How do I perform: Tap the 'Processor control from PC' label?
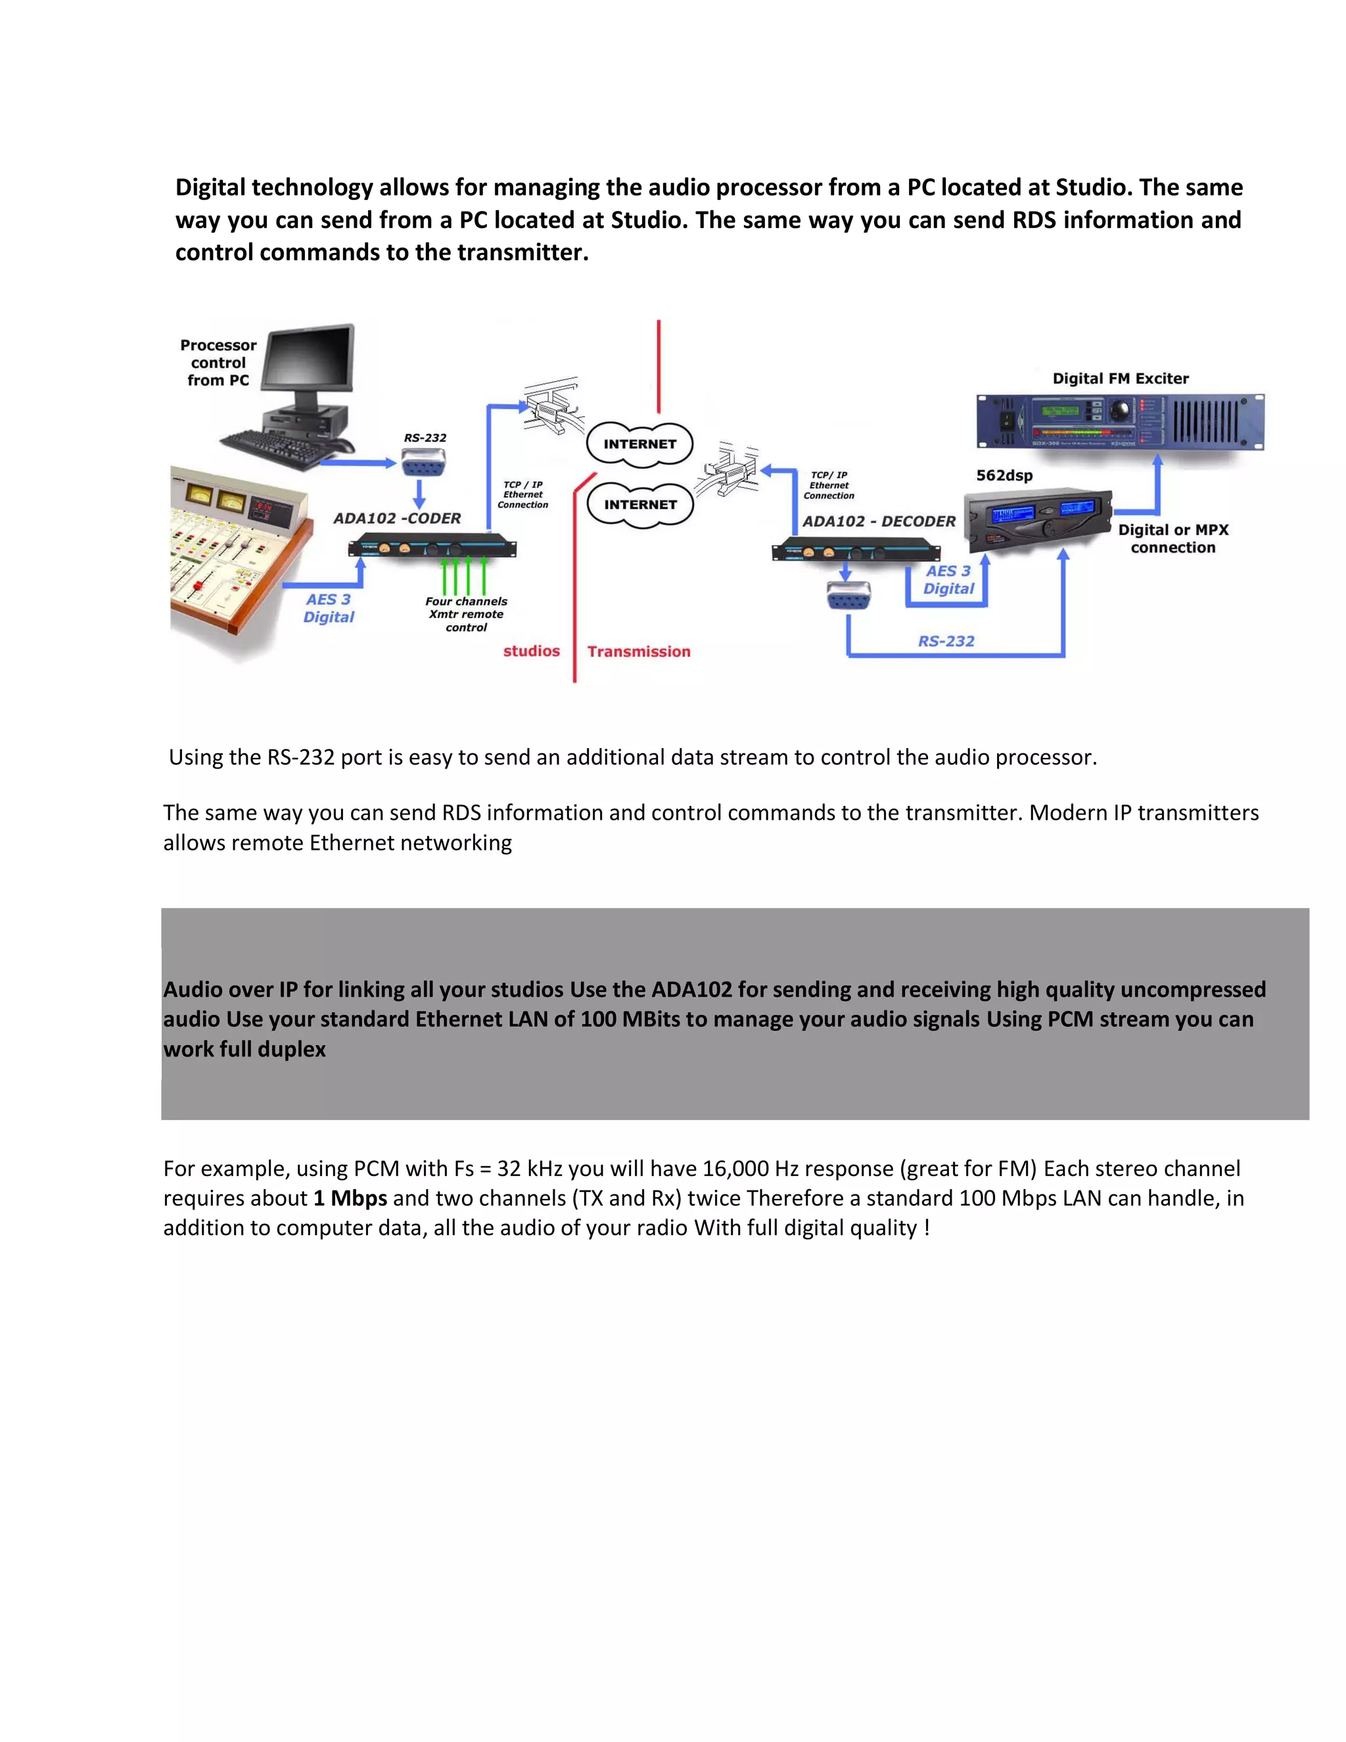tap(218, 363)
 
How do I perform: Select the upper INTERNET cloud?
tap(639, 444)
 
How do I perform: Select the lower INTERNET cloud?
tap(639, 505)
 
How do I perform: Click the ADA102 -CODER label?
tap(396, 519)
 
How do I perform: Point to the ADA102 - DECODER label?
tap(878, 522)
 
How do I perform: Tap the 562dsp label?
tap(1004, 475)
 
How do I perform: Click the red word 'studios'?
tap(531, 651)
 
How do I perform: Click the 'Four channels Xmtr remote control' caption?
tap(466, 614)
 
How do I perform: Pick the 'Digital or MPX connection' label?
tap(1172, 538)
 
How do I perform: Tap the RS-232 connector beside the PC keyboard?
tap(423, 463)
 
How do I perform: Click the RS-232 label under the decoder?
tap(946, 642)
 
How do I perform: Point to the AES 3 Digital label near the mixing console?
tap(328, 608)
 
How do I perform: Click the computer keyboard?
tap(275, 446)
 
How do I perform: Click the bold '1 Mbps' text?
tap(350, 1198)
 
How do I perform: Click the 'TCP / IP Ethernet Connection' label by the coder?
tap(522, 494)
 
